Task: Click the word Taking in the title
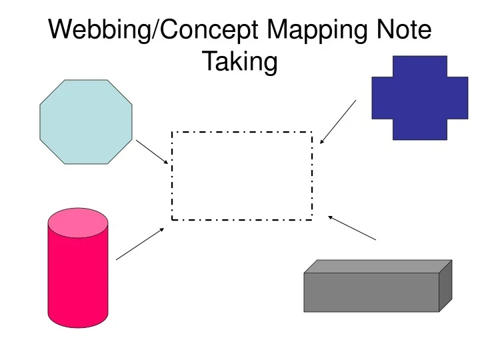239,62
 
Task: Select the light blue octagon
86,122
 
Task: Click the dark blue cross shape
419,98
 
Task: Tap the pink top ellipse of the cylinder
78,223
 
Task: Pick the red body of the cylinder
78,280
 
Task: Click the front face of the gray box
371,292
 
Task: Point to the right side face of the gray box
445,285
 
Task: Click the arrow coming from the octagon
153,152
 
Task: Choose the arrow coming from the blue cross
338,122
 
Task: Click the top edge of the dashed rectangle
242,132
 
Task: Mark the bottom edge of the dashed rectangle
242,219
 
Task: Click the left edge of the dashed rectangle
173,176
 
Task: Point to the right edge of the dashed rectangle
311,176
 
